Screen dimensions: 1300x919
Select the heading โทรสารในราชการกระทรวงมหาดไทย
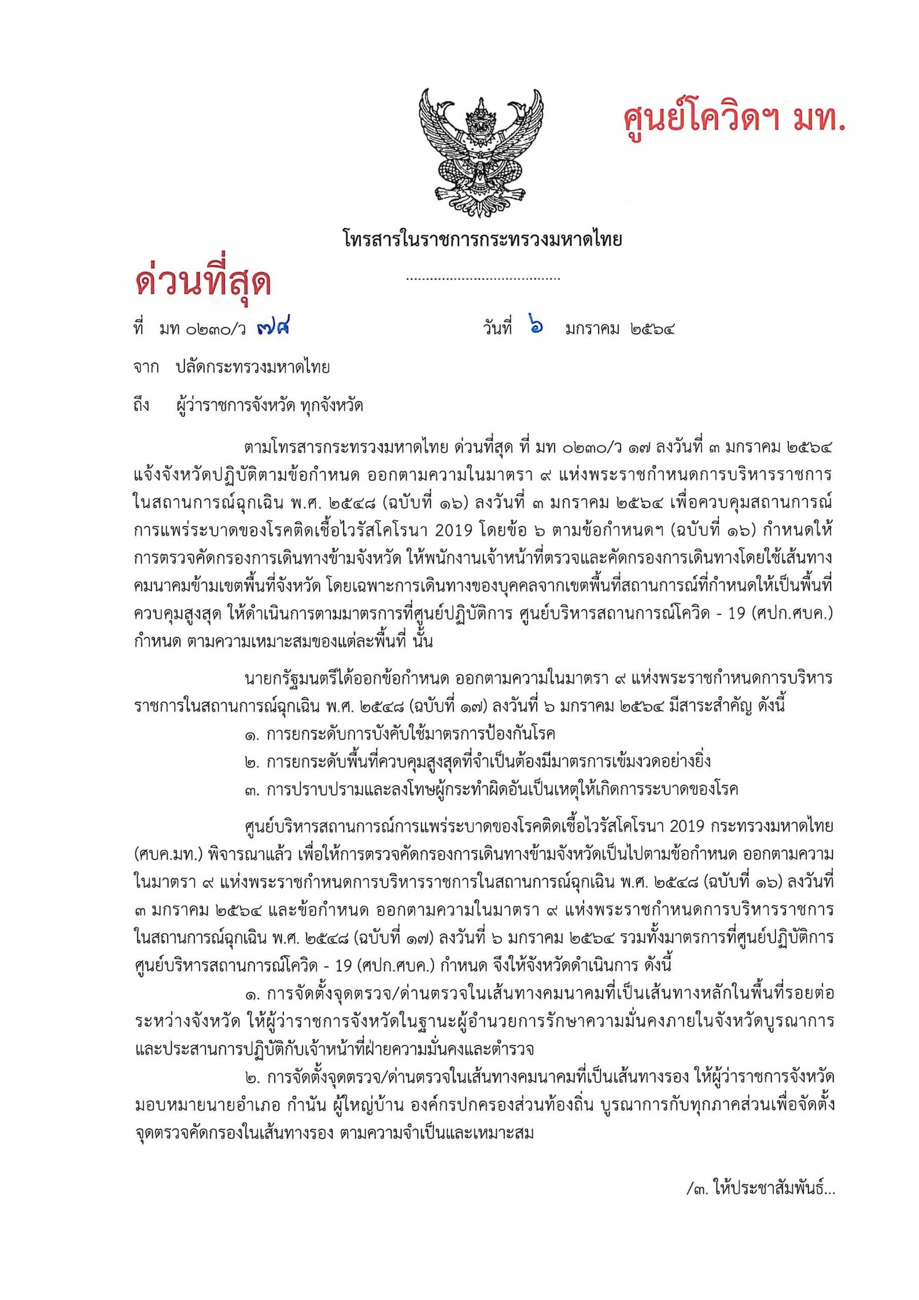click(x=482, y=240)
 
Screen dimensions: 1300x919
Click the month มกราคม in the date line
click(x=593, y=330)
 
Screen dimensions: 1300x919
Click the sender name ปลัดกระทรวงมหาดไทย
click(x=252, y=368)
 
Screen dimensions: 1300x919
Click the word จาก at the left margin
click(x=146, y=368)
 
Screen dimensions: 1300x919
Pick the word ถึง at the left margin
click(x=142, y=406)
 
